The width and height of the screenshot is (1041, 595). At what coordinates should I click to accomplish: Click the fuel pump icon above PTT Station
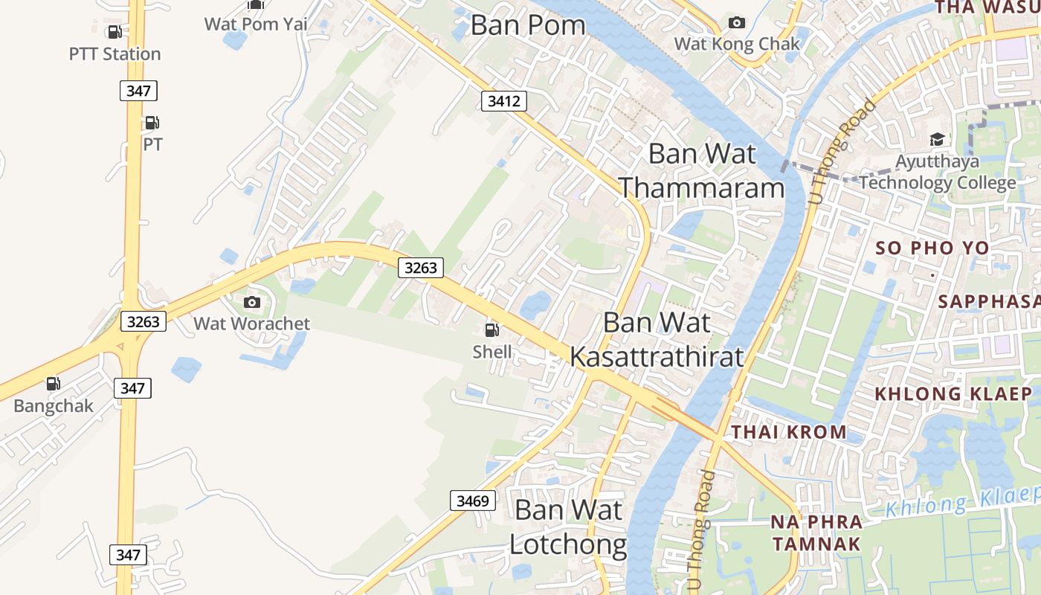click(x=115, y=32)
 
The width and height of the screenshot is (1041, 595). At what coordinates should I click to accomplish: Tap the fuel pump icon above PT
click(x=152, y=123)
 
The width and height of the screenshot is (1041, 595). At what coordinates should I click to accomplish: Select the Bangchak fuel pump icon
click(x=54, y=384)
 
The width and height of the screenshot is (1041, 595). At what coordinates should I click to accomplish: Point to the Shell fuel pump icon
click(x=492, y=329)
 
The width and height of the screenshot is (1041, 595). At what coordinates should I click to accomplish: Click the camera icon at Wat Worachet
click(x=252, y=302)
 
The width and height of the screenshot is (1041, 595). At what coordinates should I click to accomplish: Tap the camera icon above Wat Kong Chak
click(x=736, y=22)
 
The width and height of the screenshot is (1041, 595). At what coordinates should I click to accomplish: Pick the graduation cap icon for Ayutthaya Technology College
click(x=937, y=140)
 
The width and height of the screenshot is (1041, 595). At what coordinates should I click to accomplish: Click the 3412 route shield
click(x=503, y=101)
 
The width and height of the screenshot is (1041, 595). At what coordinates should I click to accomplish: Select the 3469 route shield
click(x=473, y=501)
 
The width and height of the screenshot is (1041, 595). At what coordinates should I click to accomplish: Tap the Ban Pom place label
click(x=528, y=25)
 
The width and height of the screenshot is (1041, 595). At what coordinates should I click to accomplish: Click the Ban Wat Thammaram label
click(x=701, y=171)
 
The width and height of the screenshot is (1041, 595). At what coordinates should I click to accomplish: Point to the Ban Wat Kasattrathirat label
click(x=657, y=340)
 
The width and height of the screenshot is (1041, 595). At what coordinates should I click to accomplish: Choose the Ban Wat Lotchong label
click(x=568, y=527)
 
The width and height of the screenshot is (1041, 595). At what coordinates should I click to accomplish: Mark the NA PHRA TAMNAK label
click(x=816, y=533)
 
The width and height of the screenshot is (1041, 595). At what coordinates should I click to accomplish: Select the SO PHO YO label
click(x=932, y=248)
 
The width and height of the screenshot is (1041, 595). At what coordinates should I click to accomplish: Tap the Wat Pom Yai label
click(x=256, y=24)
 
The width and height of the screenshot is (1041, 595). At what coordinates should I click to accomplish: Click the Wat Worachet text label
click(x=252, y=324)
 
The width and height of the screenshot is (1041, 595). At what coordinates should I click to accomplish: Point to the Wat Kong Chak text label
click(x=737, y=44)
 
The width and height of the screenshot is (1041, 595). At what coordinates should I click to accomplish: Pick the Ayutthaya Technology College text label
click(x=938, y=172)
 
